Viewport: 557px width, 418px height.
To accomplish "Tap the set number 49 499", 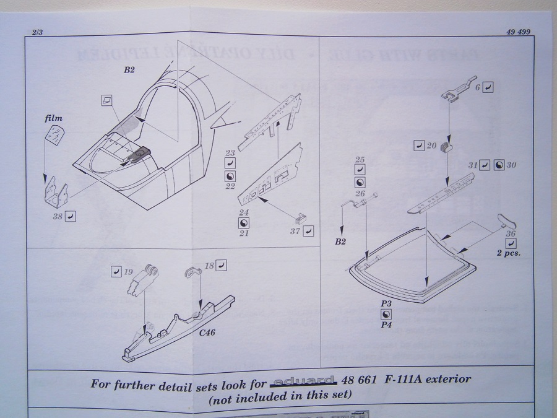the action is (517, 32).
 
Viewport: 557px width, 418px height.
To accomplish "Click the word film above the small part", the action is (53, 118).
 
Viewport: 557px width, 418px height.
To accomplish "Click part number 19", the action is (129, 271).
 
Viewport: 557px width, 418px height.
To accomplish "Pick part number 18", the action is (209, 265).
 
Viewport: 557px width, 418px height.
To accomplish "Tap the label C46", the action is (208, 333).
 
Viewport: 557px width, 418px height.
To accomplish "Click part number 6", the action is (477, 88).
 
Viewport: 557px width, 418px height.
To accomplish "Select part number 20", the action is (432, 146).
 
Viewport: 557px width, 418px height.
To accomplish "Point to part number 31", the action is (473, 165).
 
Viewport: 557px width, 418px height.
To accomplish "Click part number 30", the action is (511, 165).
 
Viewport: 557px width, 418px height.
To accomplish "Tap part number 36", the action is (511, 233).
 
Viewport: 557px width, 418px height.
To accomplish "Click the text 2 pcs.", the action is (507, 254).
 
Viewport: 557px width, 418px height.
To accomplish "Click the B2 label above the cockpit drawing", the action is (129, 70).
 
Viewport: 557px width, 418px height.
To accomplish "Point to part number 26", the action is (360, 193).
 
